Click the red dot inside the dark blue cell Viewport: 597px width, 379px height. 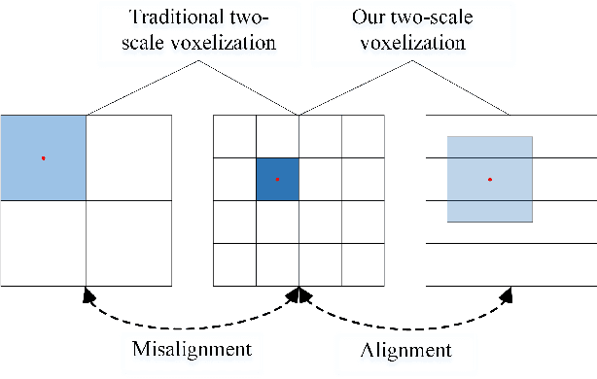coord(278,179)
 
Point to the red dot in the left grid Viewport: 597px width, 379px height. coord(44,157)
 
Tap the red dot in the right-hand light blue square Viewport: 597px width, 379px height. coord(490,179)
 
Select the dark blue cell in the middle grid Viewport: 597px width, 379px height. coord(278,179)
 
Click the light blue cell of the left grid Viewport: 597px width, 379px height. coord(44,157)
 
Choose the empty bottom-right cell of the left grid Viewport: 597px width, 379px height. coord(129,243)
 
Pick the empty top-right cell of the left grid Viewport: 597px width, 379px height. coord(129,157)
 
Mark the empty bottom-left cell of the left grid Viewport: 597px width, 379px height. coord(44,243)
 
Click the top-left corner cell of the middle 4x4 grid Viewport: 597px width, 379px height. coord(234,136)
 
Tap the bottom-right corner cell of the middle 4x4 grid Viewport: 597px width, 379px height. coord(363,264)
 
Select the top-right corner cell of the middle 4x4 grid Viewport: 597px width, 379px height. coord(363,136)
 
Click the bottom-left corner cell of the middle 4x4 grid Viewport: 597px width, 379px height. coord(234,264)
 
